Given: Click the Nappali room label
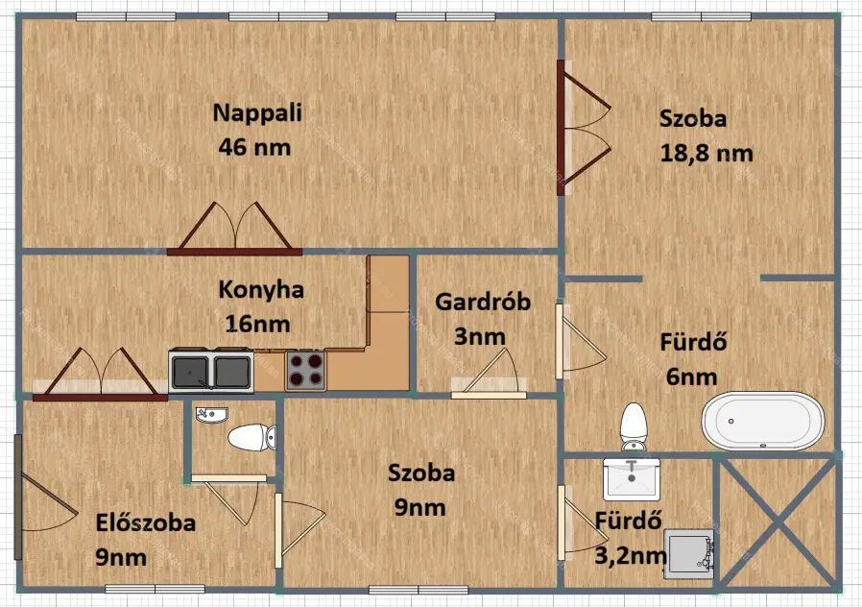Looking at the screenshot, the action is pos(257,113).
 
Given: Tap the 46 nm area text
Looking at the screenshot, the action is pos(254,147).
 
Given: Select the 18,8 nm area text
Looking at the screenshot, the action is pos(706,154).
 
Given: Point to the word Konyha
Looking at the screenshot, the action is pos(261,290).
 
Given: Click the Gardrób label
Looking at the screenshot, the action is pos(483,302).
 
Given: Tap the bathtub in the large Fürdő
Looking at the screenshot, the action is pos(763,422).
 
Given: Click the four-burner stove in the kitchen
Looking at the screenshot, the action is pos(305,370).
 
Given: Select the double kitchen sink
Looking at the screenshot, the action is pos(211,371).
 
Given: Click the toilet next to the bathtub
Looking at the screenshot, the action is pos(634,426).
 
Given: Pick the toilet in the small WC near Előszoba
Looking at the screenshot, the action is pos(252,438).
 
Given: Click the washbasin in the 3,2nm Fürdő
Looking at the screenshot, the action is pos(632,479).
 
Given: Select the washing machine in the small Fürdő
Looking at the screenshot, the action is pos(689,554).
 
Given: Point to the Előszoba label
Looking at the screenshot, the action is pos(146,522).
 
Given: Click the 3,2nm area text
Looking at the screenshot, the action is pos(631,556).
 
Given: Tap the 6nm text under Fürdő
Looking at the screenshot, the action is pos(691,377).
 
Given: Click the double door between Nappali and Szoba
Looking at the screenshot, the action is pos(583,128).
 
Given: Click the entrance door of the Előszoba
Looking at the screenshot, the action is pos(44,498).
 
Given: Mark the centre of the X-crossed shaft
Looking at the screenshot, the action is pos(778,522).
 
